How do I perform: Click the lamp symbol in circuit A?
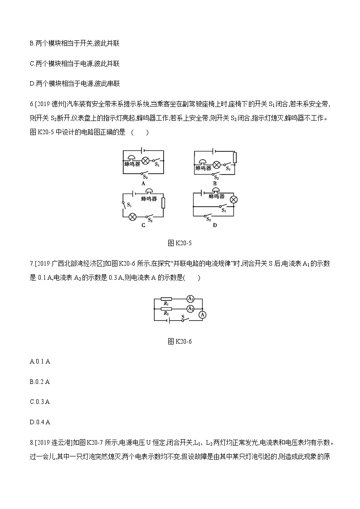(146, 160)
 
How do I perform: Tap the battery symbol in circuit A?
(143, 150)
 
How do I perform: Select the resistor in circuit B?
(234, 157)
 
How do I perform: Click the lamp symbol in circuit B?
(217, 164)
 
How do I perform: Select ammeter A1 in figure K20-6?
(191, 299)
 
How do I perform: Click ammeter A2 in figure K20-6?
(191, 308)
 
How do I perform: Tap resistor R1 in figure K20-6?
(166, 299)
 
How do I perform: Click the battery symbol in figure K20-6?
(170, 320)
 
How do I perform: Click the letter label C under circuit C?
(143, 225)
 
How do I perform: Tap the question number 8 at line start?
(31, 442)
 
